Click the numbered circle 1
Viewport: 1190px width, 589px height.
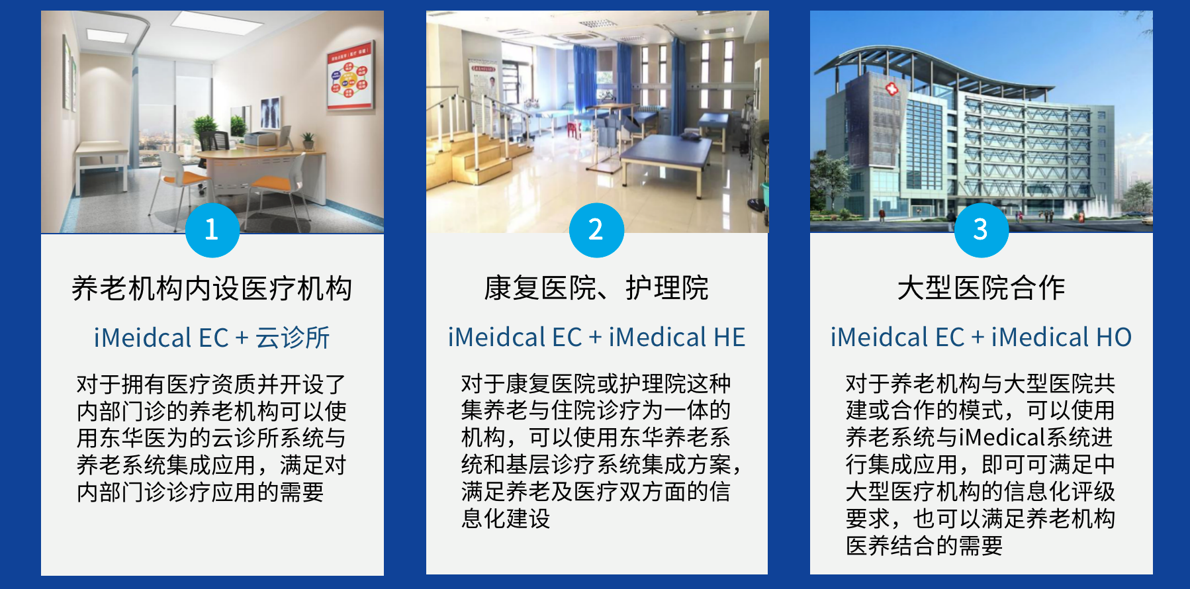tap(212, 230)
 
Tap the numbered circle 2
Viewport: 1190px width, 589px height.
tap(596, 230)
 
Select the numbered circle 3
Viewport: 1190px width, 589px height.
tap(981, 230)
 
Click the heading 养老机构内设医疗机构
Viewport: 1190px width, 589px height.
tap(212, 289)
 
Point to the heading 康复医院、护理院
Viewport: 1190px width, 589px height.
tap(596, 289)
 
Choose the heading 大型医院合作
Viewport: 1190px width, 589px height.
tap(981, 289)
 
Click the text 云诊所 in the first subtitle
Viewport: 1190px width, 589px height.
tap(293, 338)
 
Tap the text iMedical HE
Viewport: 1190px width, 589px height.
tap(676, 338)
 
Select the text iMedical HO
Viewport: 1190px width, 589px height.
tap(1061, 338)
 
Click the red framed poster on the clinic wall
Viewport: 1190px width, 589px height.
tap(350, 79)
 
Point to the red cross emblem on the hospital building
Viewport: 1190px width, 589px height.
tap(892, 89)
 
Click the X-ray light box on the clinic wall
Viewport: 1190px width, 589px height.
tap(269, 113)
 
